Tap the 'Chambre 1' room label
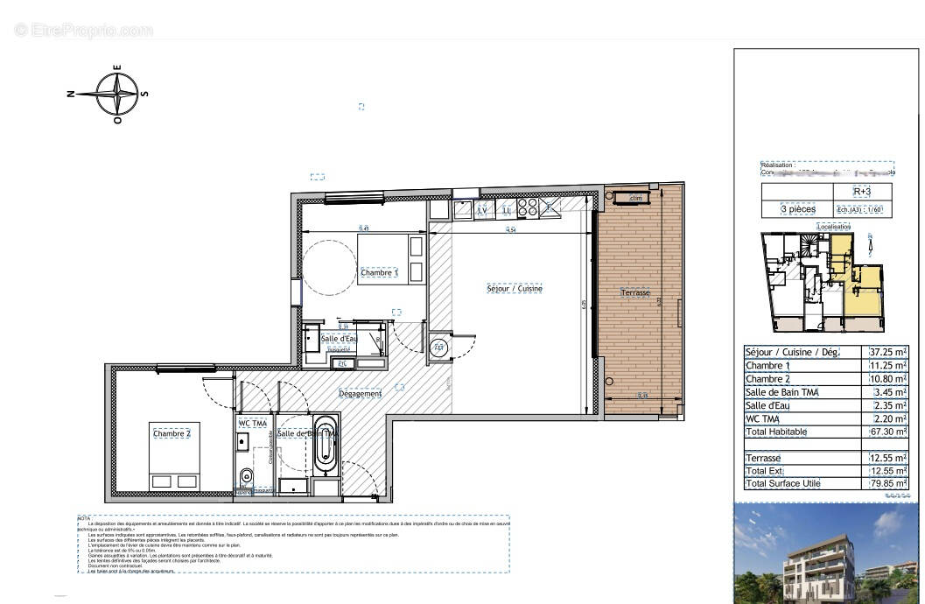[x=379, y=273]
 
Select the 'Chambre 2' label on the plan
[x=171, y=434]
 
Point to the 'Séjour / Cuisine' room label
[x=515, y=288]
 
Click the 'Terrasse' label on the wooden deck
[x=635, y=292]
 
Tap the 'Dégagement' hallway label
[x=361, y=394]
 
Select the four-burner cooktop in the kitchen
[x=527, y=207]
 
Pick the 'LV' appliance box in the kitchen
[x=482, y=210]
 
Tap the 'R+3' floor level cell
[x=860, y=192]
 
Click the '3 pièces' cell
[x=797, y=209]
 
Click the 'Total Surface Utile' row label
[x=783, y=484]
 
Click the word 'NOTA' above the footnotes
[x=84, y=518]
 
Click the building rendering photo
[x=828, y=552]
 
